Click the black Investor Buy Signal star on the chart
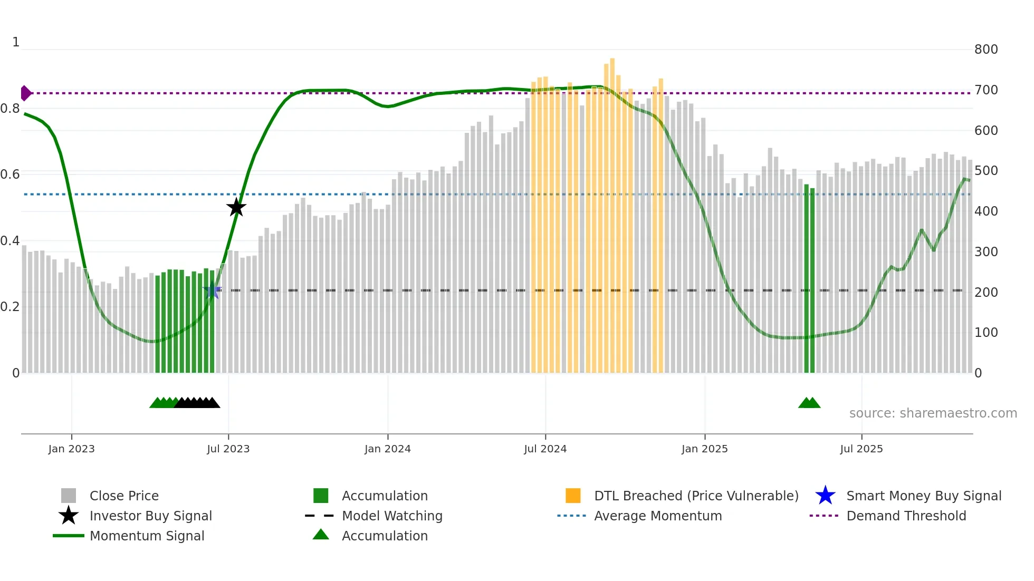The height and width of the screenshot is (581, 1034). (236, 207)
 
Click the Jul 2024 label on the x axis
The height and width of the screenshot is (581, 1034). (545, 449)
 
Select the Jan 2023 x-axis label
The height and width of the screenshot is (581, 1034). (71, 449)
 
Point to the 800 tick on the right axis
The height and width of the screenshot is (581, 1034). (986, 50)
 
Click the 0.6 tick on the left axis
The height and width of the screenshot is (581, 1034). (10, 175)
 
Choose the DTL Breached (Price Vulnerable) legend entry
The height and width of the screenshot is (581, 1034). (696, 496)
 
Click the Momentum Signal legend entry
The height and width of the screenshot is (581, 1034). (147, 536)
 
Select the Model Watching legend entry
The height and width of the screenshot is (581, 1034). (392, 516)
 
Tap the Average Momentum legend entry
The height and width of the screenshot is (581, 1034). (658, 516)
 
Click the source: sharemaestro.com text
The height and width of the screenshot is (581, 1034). (933, 413)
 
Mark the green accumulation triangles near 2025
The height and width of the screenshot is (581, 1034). (809, 403)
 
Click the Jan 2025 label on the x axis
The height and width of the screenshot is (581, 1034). (704, 449)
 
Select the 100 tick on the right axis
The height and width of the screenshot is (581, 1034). (986, 333)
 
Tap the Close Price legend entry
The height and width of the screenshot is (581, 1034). (124, 496)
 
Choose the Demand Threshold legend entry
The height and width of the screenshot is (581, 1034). (906, 516)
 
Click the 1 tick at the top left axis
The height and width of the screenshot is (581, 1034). (16, 42)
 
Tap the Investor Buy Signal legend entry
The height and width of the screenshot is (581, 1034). (150, 516)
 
